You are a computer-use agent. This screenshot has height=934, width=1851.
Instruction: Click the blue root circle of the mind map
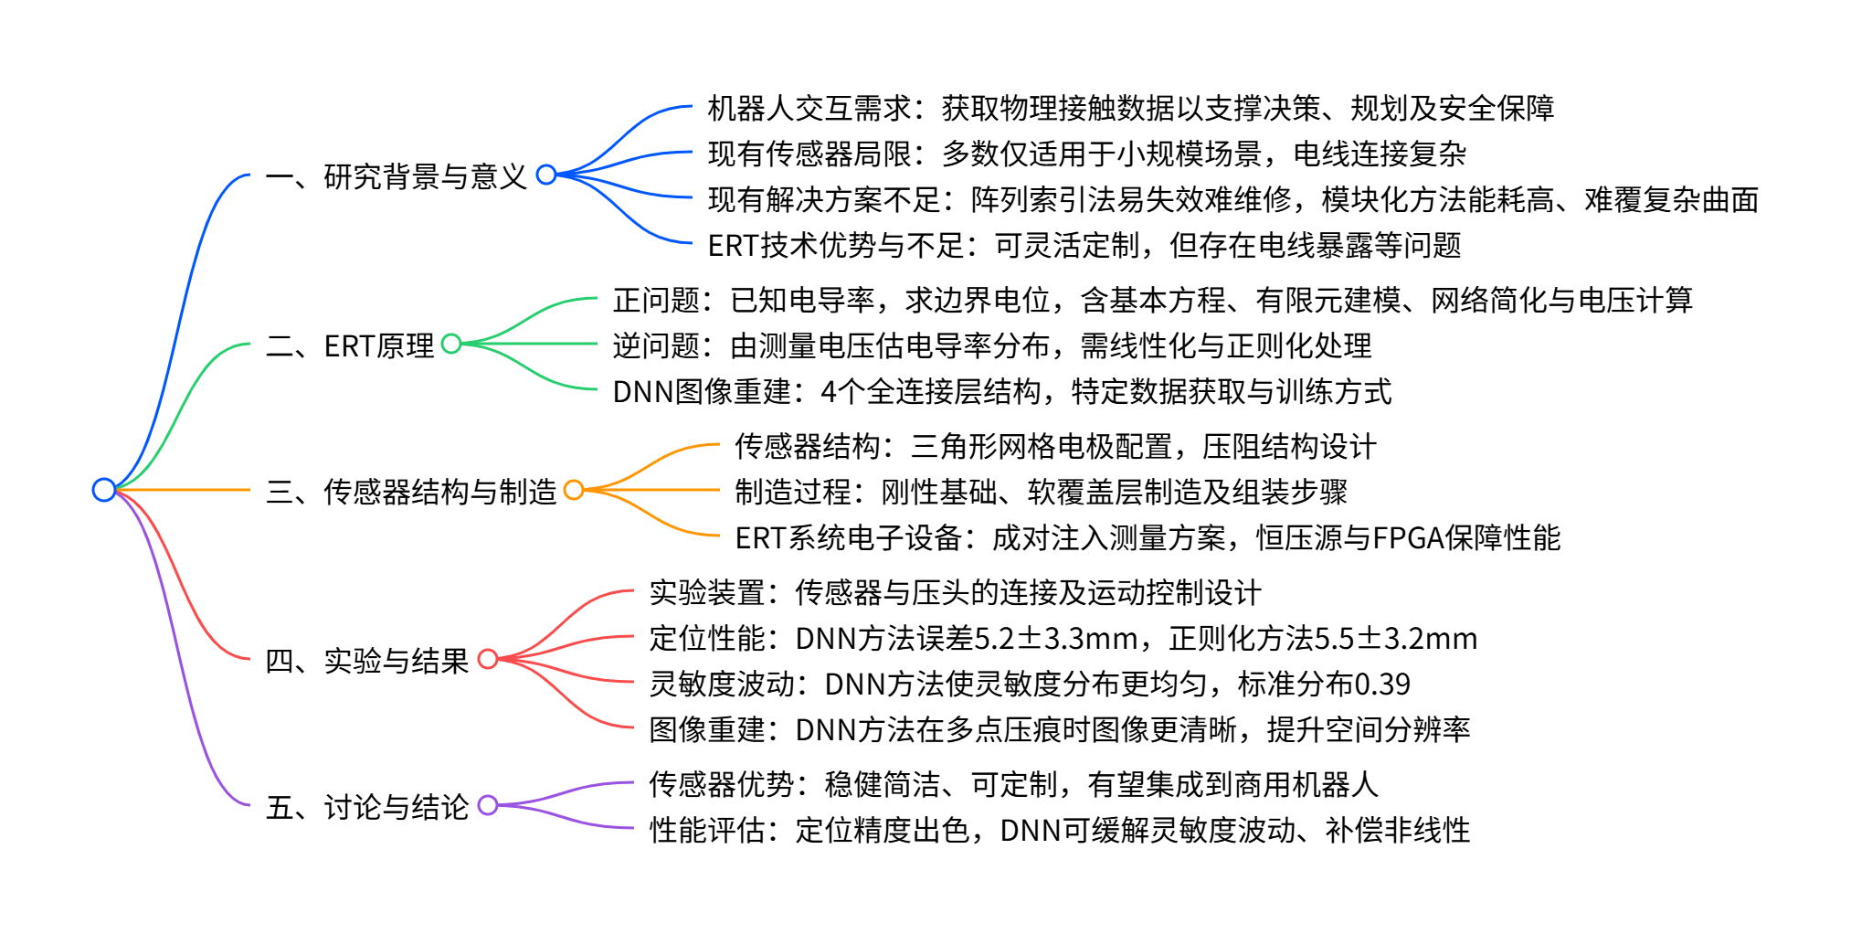pos(104,490)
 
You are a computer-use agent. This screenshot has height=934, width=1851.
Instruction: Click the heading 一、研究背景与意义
pos(396,175)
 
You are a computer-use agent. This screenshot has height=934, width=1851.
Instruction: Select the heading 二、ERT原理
pos(349,345)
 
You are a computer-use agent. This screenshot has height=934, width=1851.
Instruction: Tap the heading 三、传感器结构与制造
pos(410,492)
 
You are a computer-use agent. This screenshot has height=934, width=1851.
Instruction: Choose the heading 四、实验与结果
pos(366,661)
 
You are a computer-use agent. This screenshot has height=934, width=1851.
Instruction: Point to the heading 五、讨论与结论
pos(366,807)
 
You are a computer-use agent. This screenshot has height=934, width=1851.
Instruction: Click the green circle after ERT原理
pos(451,344)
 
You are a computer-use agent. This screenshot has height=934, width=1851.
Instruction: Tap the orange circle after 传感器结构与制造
pos(574,490)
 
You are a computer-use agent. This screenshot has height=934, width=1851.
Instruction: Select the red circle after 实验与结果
pos(488,659)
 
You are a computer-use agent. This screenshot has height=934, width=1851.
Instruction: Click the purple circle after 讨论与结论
pos(488,805)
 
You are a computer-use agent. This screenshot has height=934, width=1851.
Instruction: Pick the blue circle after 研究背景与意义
pos(546,175)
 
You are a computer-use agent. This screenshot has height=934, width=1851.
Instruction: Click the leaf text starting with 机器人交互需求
pos(1130,108)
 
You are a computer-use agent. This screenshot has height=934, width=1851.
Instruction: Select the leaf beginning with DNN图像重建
pos(1001,391)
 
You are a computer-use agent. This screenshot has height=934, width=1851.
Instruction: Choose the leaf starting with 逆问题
pos(991,345)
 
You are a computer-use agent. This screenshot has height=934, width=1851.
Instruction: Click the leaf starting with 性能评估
pos(1059,830)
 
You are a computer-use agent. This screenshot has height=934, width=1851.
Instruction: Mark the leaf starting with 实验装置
pos(955,592)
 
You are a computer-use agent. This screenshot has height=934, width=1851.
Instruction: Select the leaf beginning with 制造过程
pos(1041,492)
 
